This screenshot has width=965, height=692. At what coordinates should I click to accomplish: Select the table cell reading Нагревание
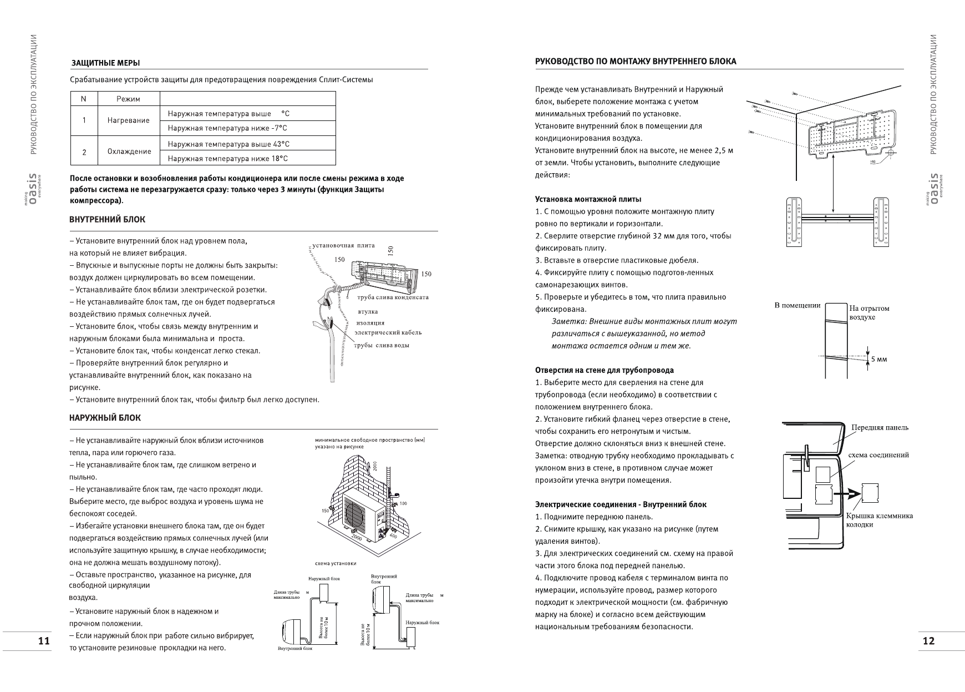pos(129,120)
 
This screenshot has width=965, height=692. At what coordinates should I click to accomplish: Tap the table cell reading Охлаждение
pos(129,151)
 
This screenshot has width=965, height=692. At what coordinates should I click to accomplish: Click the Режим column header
pos(128,99)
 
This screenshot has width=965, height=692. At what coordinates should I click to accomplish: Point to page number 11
pos(44,641)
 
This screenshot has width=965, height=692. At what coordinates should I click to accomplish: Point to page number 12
pos(928,641)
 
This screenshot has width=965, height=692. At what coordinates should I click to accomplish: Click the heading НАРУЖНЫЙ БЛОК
pos(105,418)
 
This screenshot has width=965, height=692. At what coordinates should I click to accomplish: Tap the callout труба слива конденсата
pos(393,297)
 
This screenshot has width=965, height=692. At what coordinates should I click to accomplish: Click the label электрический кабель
pos(388,332)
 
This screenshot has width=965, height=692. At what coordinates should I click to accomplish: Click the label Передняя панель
pos(880,427)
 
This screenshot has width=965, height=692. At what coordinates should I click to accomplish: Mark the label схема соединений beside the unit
pos(879,455)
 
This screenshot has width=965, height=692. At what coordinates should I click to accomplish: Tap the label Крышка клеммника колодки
pos(879,520)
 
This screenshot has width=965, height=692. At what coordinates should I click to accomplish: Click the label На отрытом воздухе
pos(868,312)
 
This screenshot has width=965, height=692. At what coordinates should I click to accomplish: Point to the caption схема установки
pos(335,563)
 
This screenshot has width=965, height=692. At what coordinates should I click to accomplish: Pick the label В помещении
pos(797,305)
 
